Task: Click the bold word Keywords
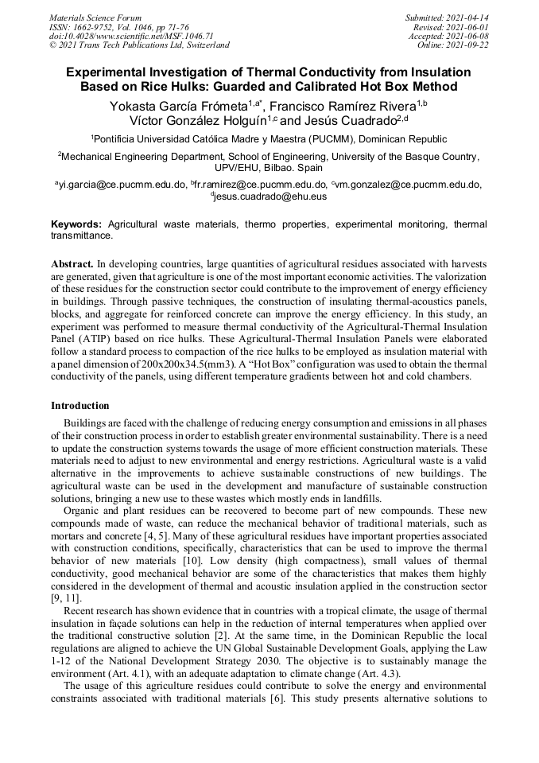77,225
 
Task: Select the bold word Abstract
72,263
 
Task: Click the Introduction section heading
80,406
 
